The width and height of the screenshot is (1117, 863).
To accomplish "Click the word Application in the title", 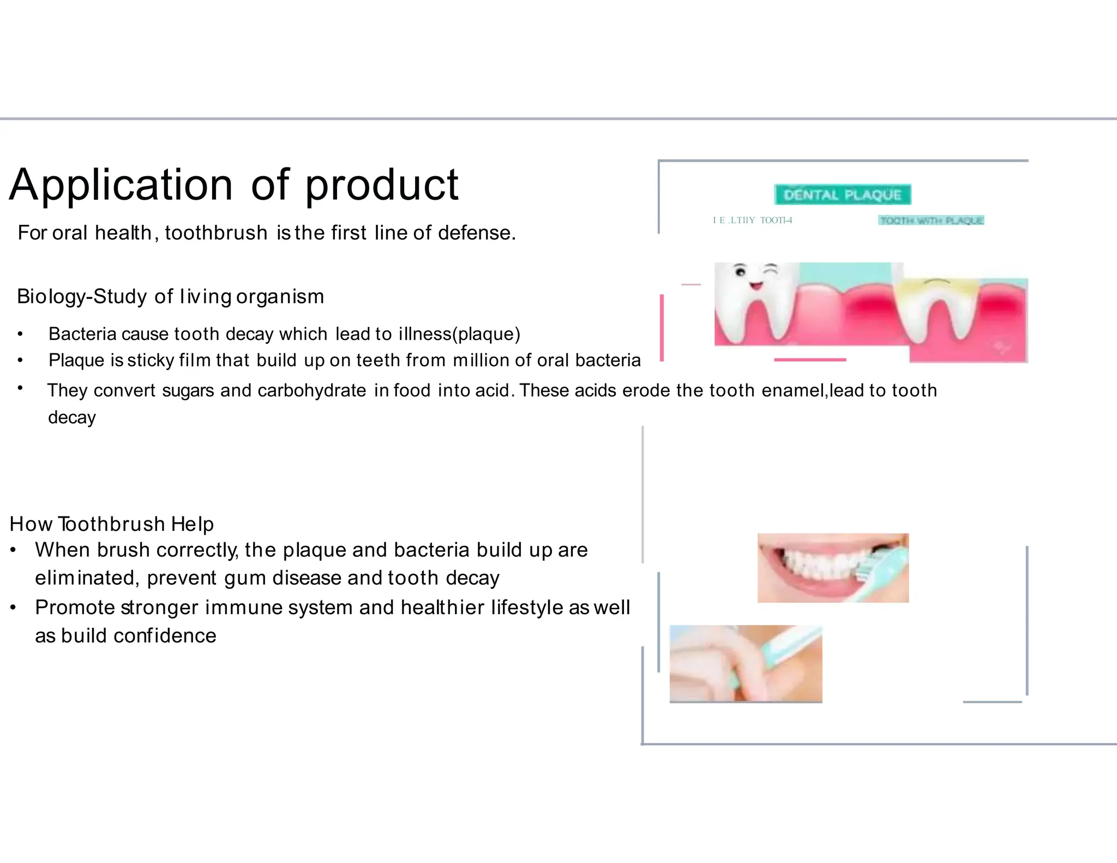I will [121, 185].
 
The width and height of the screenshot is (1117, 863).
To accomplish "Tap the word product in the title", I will [381, 185].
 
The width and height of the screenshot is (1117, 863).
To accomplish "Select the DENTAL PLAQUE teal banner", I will [842, 195].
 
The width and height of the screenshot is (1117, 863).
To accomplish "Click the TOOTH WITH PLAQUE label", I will [931, 220].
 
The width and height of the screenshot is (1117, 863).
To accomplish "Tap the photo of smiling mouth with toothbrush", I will [833, 568].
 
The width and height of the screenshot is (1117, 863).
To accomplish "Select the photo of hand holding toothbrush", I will [746, 663].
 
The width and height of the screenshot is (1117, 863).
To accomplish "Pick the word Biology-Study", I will [82, 297].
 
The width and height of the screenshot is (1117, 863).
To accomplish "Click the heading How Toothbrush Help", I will [112, 524].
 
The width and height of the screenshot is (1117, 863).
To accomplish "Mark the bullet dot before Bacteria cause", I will [20, 334].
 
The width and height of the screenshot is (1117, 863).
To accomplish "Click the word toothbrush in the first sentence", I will [216, 233].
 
